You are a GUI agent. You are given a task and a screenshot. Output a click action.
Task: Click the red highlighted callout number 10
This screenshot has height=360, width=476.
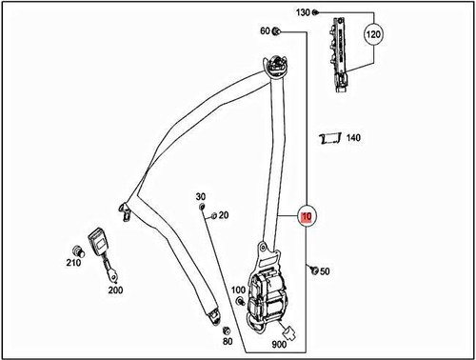point(306,217)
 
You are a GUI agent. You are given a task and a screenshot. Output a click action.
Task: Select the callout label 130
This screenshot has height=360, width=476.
point(303,12)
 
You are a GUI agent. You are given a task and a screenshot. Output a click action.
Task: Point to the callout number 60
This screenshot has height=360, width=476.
point(265,32)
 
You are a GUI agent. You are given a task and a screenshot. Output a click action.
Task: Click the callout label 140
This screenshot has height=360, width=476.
point(353,138)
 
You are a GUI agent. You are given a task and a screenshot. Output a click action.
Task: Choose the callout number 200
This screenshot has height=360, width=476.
point(115,290)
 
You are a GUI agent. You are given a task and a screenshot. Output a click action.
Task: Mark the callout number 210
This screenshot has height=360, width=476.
point(73,264)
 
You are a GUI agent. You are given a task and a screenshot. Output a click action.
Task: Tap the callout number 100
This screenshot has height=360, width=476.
point(238,290)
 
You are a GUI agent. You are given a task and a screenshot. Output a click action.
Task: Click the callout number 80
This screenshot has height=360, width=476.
point(227,341)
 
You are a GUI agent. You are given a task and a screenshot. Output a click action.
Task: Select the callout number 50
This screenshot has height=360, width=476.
point(325,272)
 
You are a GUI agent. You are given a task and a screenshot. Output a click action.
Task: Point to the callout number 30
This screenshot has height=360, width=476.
point(201,197)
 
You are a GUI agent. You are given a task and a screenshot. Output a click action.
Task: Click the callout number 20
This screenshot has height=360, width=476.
point(224,215)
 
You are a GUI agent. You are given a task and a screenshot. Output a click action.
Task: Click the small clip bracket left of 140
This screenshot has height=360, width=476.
point(327,139)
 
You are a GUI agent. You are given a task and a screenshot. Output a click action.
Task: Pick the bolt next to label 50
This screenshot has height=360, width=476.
point(311,271)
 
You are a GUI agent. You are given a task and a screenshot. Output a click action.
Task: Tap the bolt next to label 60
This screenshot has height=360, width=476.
point(277,32)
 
